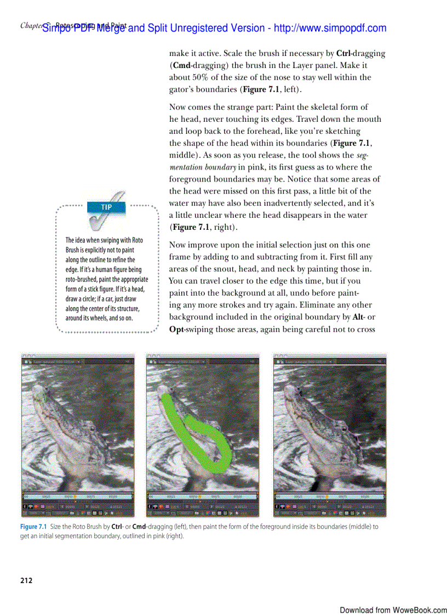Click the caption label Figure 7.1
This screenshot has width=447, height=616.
(33, 527)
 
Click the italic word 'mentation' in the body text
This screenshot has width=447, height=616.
(186, 167)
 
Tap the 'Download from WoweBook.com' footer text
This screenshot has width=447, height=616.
(393, 610)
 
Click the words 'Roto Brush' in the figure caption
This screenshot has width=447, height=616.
(85, 527)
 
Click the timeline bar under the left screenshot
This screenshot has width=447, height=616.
(77, 497)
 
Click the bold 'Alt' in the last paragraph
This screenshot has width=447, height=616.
(352, 317)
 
